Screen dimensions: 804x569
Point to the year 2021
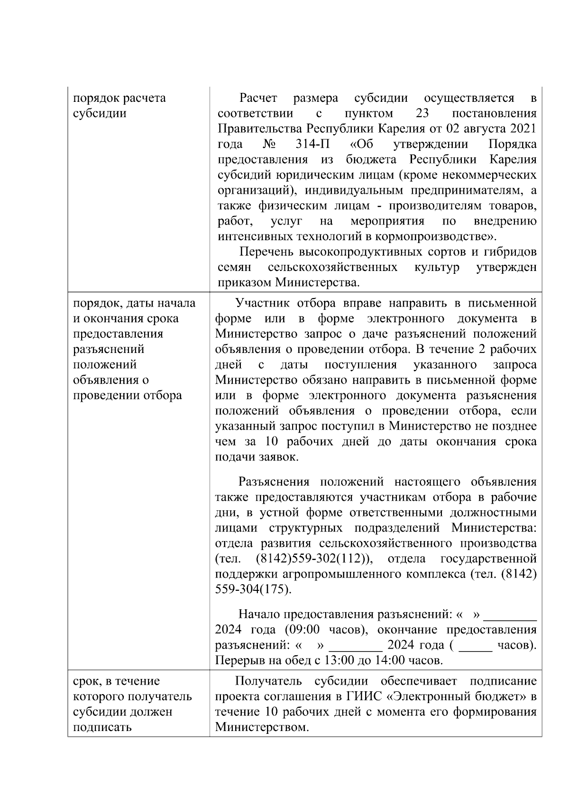pos(522,129)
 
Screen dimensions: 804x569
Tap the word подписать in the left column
pos(102,727)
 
